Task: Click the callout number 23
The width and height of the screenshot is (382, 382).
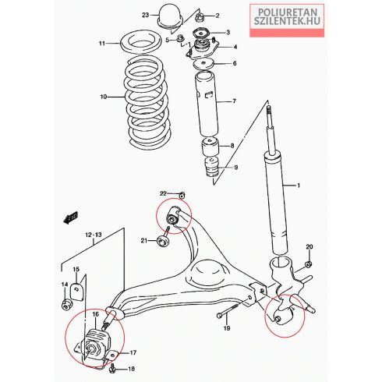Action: (146, 15)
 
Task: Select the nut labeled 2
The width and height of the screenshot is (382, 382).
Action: (200, 17)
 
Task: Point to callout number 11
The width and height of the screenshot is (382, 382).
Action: (102, 44)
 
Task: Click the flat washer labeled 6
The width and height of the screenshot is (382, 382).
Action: (204, 64)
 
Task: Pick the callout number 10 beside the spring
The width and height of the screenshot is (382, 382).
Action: (104, 97)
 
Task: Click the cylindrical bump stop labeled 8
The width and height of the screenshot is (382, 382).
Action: (210, 147)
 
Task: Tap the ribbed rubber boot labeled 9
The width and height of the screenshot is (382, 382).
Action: (212, 168)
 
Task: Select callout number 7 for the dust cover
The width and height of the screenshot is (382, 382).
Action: (234, 101)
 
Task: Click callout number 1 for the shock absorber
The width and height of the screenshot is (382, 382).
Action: (299, 186)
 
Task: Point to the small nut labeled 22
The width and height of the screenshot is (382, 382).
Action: (182, 195)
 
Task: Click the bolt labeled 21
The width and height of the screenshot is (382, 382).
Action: (164, 238)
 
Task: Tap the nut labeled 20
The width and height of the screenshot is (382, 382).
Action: (309, 264)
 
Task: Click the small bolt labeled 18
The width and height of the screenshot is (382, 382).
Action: (113, 367)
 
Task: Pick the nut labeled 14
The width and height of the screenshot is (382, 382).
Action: (67, 304)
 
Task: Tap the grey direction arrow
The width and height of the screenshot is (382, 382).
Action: (71, 218)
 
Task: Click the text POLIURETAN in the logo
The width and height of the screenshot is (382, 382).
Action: (288, 12)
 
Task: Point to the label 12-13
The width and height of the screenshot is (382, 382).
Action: (94, 235)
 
